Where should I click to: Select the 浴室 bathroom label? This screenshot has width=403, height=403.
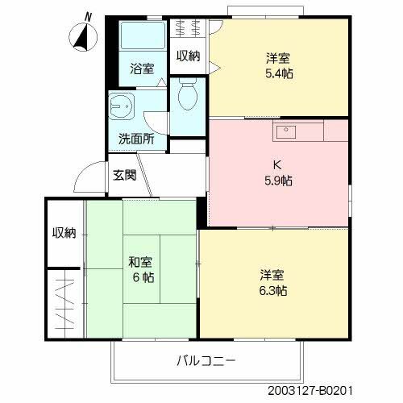tap(142, 69)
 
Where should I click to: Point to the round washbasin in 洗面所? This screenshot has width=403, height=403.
tap(123, 106)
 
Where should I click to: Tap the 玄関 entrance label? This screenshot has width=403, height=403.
tap(124, 174)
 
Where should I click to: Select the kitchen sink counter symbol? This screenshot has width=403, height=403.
tap(297, 131)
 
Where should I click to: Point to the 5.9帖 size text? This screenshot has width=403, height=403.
tap(278, 180)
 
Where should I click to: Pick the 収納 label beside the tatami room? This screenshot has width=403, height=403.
tap(64, 233)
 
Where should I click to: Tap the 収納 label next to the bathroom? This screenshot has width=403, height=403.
tap(189, 55)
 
